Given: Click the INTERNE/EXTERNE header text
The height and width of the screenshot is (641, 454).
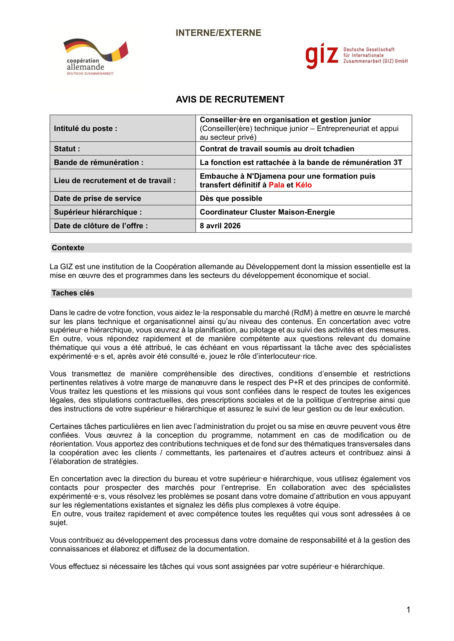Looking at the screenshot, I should coord(218,33).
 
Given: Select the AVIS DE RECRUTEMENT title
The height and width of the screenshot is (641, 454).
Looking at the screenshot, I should coord(230,99).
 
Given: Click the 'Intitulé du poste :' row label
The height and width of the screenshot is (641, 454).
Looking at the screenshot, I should coord(86,129).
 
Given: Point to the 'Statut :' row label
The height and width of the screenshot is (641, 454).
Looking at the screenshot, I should coord(67,149).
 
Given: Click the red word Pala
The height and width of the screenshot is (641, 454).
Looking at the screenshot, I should coord(276,185).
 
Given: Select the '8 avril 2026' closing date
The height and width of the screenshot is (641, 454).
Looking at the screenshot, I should coord(220,226).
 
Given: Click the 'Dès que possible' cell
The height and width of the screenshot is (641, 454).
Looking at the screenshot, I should coord(231,198).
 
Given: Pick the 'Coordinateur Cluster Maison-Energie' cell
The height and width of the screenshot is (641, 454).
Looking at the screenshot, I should coord(267,212).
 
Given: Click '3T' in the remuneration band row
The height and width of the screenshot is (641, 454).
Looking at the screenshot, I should coord(397,163).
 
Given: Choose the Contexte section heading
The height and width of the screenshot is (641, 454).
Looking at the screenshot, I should coord(68,248).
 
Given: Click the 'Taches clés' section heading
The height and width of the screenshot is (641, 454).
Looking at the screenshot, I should coord(73,293).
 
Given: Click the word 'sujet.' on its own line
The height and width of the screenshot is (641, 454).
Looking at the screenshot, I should coord(59,523).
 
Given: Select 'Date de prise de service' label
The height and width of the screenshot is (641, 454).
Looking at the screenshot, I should coord(97,198).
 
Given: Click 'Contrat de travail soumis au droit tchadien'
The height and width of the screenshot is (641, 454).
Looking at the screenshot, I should coord(277,149).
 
